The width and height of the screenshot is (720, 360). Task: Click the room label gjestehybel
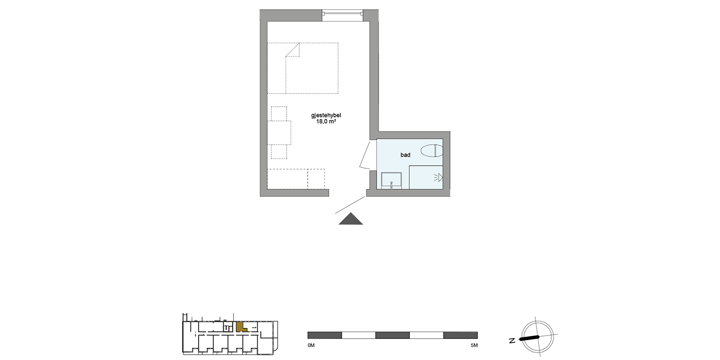[325, 115]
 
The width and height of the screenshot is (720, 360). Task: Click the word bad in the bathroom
[405, 155]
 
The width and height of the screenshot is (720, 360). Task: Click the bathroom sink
[392, 180]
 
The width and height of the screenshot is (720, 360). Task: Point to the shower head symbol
[439, 178]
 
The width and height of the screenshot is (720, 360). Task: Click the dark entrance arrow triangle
[351, 220]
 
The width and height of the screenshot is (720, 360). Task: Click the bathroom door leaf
[364, 156]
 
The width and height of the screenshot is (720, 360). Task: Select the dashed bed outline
[303, 68]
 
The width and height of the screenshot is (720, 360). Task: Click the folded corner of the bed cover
[292, 50]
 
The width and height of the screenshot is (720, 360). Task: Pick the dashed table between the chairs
[279, 132]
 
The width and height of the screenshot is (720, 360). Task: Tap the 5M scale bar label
[473, 346]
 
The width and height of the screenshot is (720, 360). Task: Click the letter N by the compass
[512, 341]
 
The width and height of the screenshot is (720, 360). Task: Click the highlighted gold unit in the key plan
[240, 327]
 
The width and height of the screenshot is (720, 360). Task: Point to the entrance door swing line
[350, 205]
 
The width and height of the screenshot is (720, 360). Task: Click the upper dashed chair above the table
[279, 113]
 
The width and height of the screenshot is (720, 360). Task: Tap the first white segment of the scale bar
[358, 335]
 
